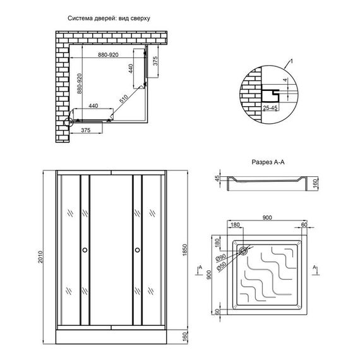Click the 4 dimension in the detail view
click(x=285, y=80)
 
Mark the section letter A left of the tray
click(x=200, y=268)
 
